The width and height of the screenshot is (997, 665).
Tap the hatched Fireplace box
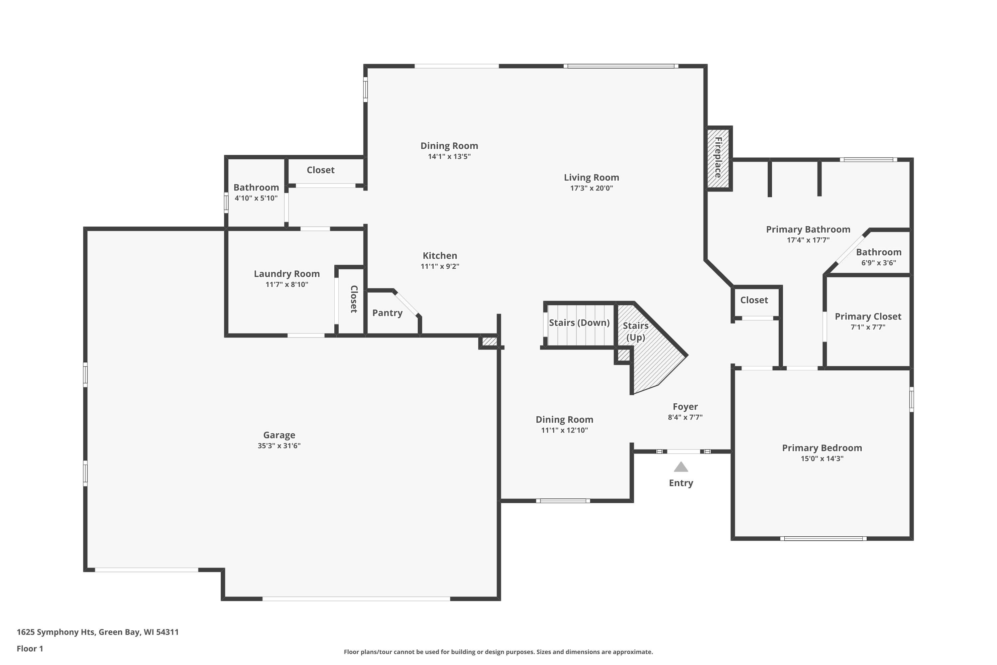(x=719, y=158)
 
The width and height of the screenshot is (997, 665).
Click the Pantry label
(x=388, y=313)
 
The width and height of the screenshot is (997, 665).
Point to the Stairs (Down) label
(x=579, y=323)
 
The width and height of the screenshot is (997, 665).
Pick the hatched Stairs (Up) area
(x=653, y=352)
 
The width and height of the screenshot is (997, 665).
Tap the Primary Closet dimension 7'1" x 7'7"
(x=868, y=327)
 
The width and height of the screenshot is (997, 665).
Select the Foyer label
(x=685, y=407)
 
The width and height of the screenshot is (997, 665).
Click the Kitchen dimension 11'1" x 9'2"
(x=440, y=266)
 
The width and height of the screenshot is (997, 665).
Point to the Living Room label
(x=591, y=178)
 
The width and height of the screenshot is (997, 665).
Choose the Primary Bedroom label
(x=822, y=448)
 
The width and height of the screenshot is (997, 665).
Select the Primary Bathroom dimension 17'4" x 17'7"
(x=808, y=240)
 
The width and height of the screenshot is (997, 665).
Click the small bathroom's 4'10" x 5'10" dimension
(x=256, y=198)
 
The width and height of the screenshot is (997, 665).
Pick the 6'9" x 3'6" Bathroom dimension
(x=878, y=263)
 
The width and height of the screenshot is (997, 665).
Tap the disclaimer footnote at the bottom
(x=498, y=652)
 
